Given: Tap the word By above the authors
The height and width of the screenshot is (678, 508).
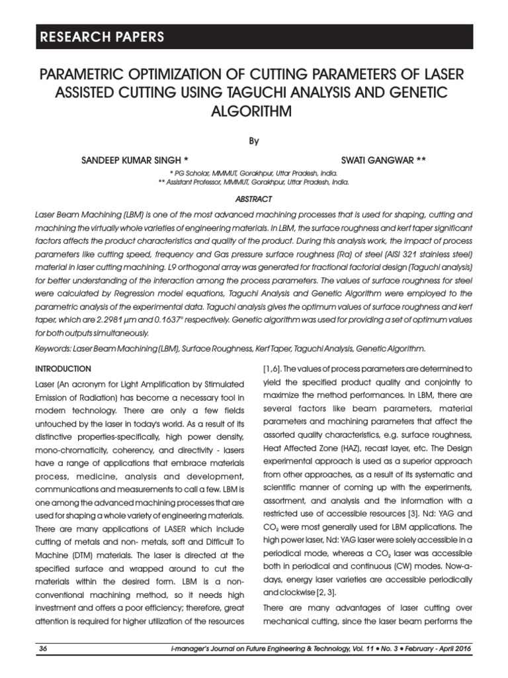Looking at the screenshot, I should pos(254,140).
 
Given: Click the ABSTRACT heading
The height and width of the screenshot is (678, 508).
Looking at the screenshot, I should pos(254,199).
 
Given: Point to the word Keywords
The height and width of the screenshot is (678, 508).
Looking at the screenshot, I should pos(52,349).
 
